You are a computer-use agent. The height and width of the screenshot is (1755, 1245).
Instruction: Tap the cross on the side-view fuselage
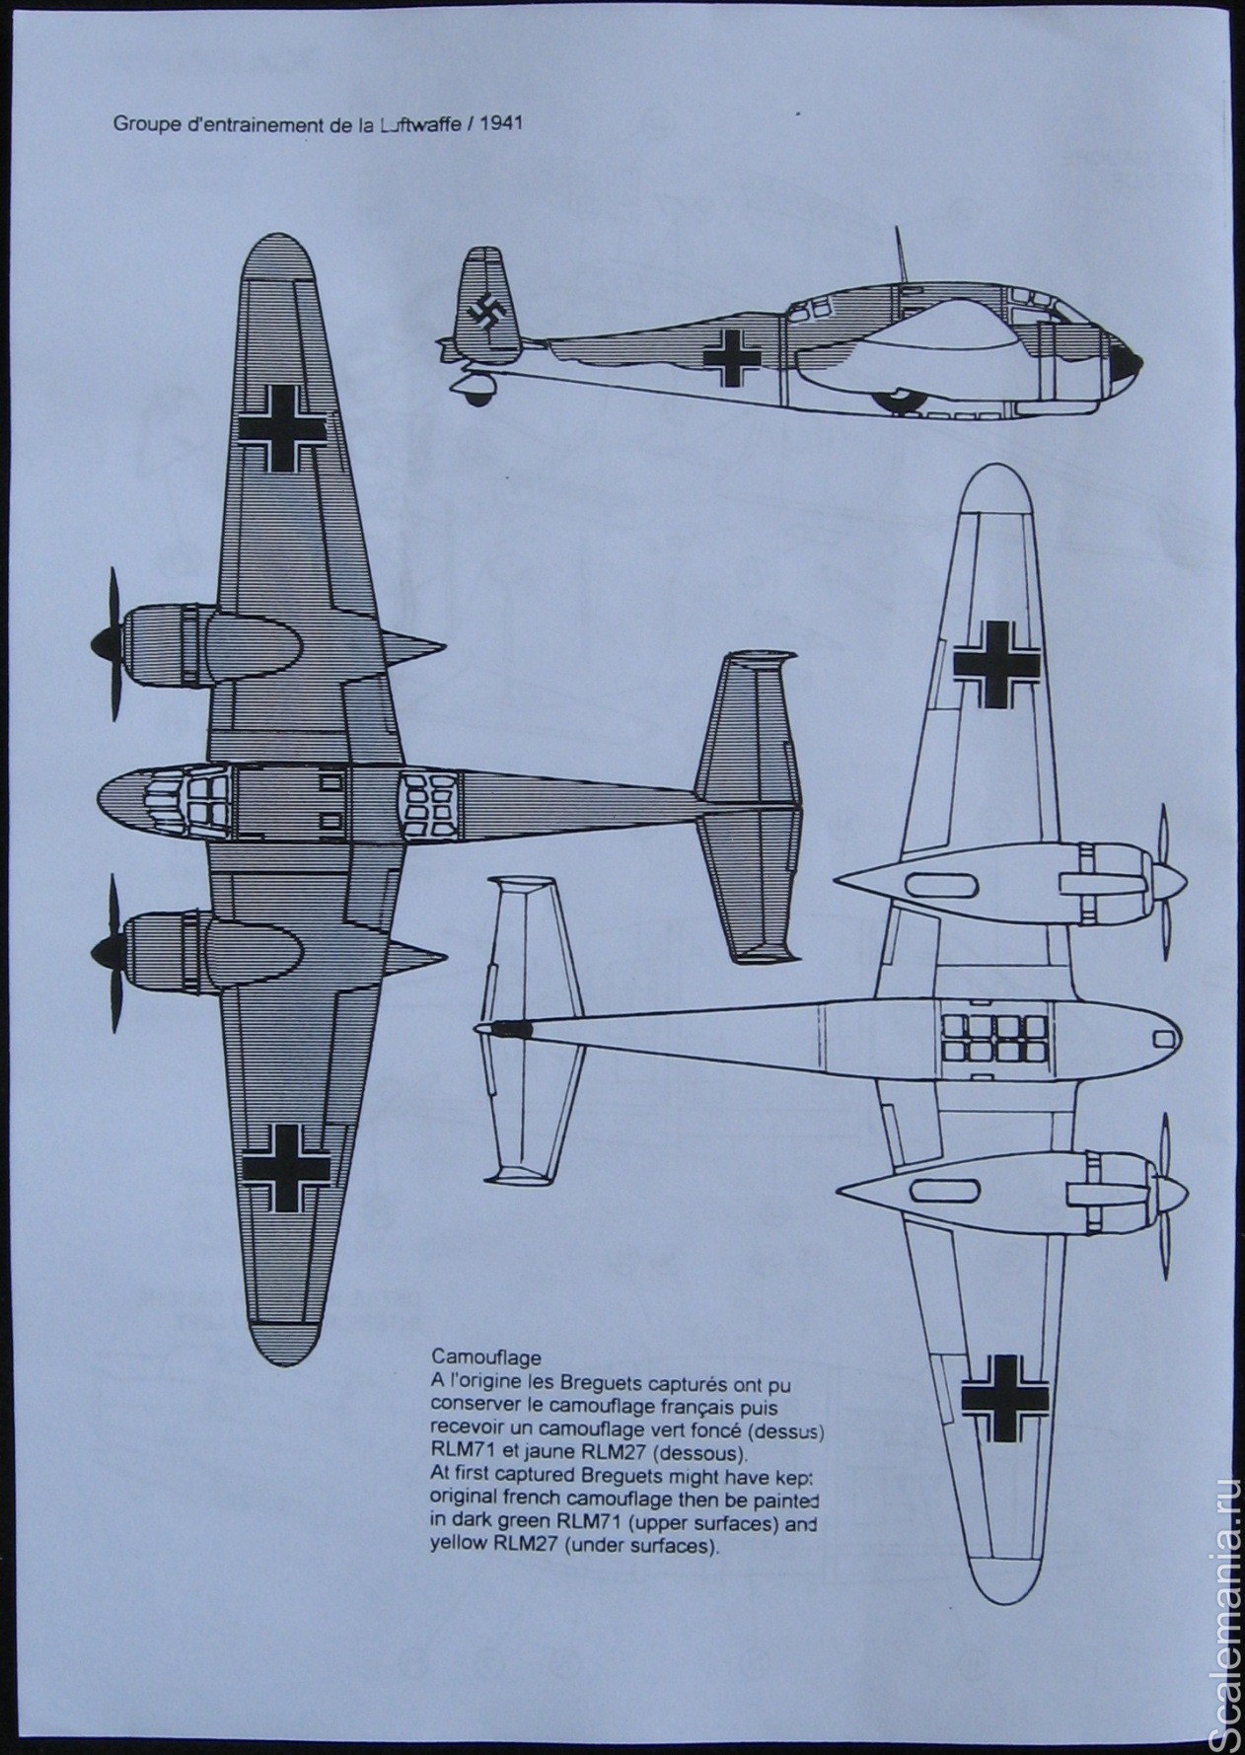tap(733, 356)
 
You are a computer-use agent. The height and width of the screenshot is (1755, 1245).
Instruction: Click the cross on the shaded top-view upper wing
tap(284, 426)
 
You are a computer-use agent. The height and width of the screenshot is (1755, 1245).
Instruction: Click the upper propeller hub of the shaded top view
tap(101, 644)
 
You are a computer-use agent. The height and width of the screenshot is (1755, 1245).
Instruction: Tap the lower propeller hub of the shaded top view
tap(101, 949)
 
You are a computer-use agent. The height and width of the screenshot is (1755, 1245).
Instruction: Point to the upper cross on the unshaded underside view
tap(996, 663)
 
